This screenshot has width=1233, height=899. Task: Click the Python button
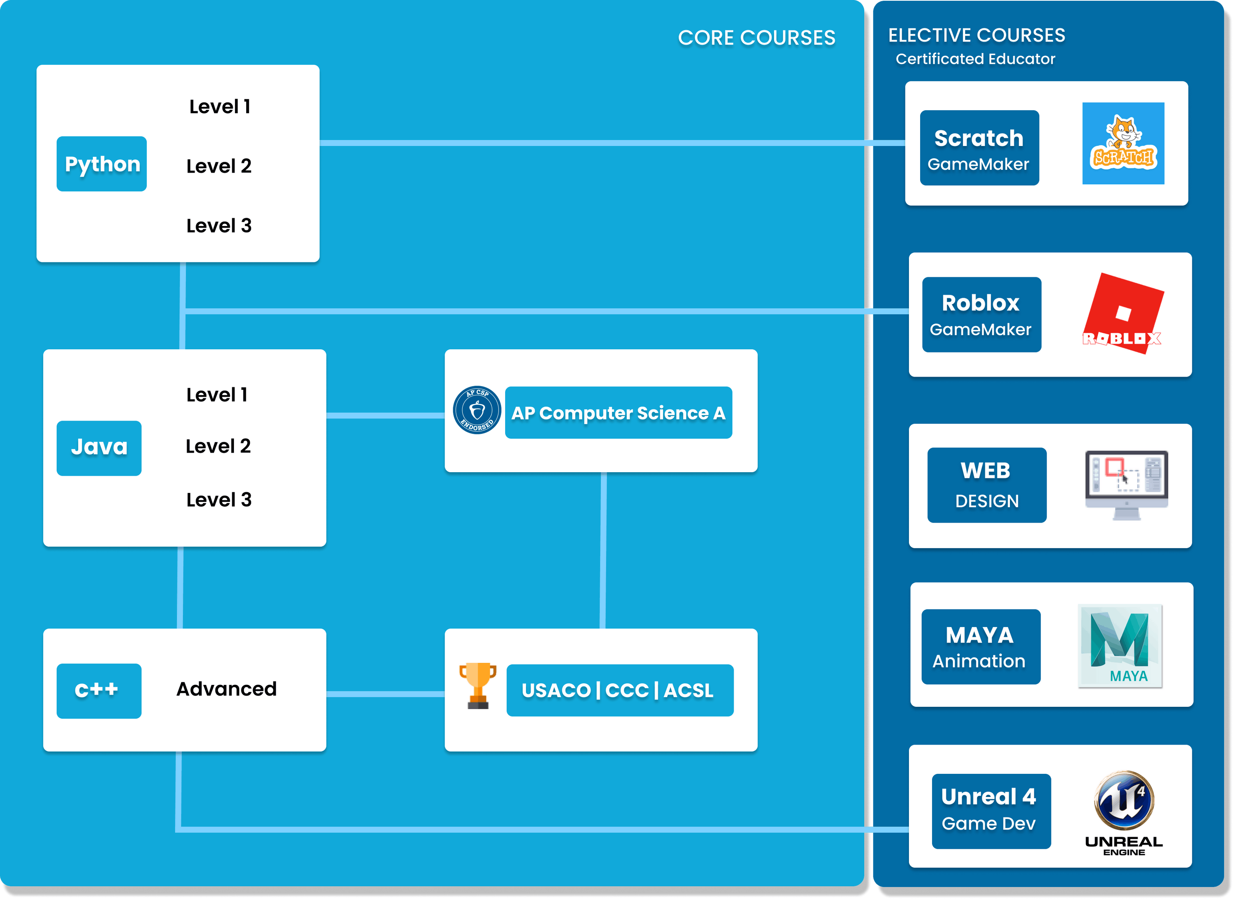102,164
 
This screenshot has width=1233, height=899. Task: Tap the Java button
99,448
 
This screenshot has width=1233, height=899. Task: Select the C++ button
99,691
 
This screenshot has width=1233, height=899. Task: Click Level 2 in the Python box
219,166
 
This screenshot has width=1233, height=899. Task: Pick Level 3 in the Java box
219,500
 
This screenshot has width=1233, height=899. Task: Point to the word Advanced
227,689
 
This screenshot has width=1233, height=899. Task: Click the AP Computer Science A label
618,413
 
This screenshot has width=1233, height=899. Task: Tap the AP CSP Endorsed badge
477,410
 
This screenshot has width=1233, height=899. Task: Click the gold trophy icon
477,686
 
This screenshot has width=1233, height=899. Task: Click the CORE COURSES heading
756,37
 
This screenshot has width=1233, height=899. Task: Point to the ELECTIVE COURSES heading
977,35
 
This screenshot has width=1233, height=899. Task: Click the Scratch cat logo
1123,143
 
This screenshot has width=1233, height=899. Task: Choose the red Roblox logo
1123,314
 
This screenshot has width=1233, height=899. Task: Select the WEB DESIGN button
986,485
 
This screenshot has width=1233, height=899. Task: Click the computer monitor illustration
1126,484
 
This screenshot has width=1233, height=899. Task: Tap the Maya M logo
1120,646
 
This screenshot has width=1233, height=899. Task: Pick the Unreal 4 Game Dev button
991,811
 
